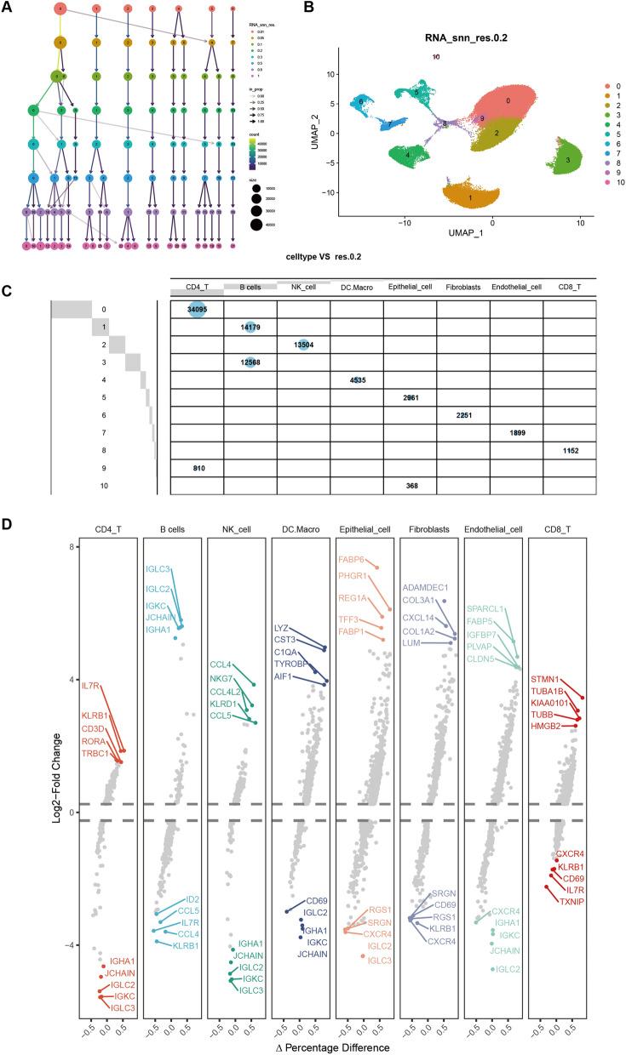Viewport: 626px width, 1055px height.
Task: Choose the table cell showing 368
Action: [x=410, y=487]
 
